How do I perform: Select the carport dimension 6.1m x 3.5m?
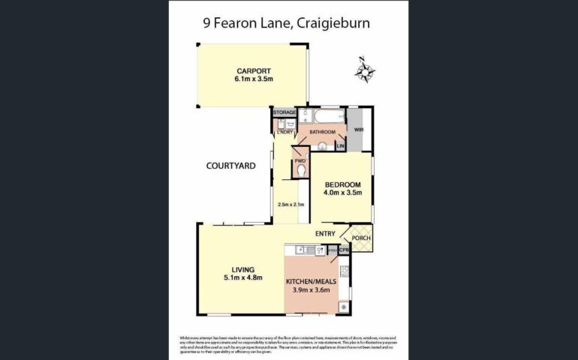pyautogui.click(x=251, y=79)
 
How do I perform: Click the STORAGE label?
pyautogui.click(x=284, y=112)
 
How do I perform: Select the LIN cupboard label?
pyautogui.click(x=340, y=145)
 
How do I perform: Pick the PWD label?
pyautogui.click(x=300, y=160)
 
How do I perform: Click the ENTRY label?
pyautogui.click(x=325, y=234)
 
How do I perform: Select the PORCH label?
pyautogui.click(x=361, y=238)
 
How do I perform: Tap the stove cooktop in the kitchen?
pyautogui.click(x=344, y=271)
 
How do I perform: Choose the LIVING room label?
pyautogui.click(x=242, y=269)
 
